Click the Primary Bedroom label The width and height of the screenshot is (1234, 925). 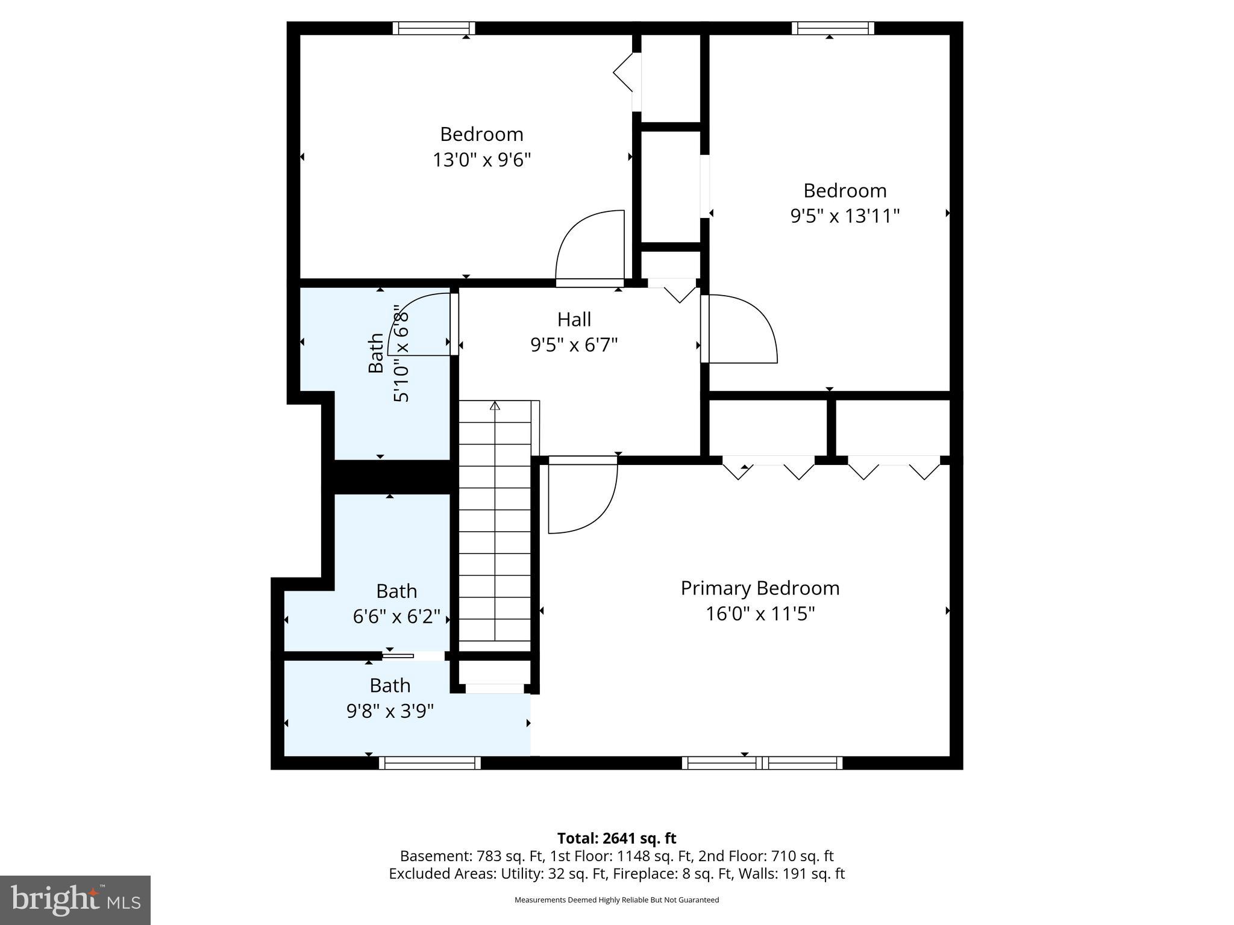[760, 588]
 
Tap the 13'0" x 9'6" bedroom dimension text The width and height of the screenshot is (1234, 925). [481, 160]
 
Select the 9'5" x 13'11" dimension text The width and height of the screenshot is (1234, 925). [845, 216]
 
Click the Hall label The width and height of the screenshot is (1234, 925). [574, 319]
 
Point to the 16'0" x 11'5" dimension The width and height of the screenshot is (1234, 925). [760, 614]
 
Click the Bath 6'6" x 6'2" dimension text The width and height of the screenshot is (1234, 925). [396, 617]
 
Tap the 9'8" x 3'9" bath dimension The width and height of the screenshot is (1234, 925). [390, 711]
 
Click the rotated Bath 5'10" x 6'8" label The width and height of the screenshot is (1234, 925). [389, 353]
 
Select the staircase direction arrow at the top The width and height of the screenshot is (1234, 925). [495, 405]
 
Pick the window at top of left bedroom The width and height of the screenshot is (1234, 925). [434, 28]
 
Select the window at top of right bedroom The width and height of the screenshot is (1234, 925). [833, 28]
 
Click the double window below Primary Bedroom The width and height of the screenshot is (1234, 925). [762, 763]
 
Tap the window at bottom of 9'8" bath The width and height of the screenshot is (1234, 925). [430, 763]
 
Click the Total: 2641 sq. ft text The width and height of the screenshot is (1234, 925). [616, 838]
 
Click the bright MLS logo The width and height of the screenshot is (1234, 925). [75, 900]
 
